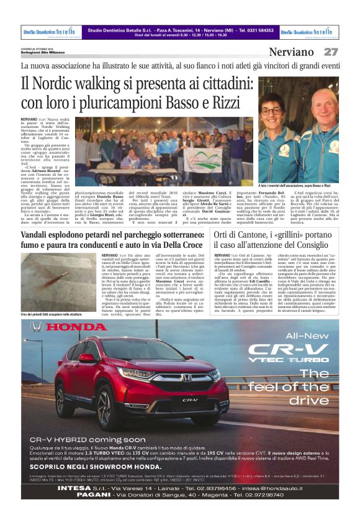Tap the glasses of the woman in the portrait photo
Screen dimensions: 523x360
271,111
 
